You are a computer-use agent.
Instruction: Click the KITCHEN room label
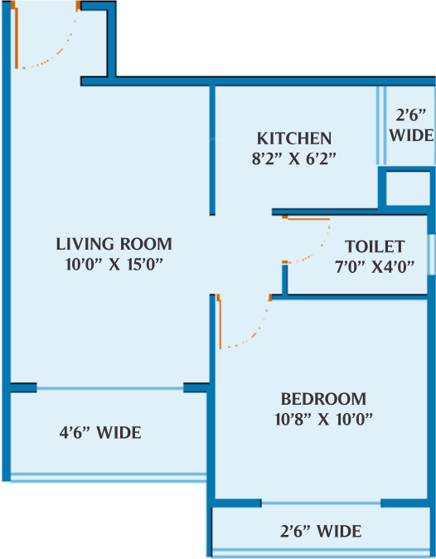point(293,138)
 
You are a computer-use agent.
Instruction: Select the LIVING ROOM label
point(114,244)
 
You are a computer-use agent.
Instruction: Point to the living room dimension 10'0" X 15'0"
point(114,265)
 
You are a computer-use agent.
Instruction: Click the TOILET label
point(375,246)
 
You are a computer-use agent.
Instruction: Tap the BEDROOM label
point(322,397)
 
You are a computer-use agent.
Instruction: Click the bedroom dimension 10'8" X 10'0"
point(322,418)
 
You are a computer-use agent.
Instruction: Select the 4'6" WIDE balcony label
point(99,433)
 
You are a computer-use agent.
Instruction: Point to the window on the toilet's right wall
point(430,248)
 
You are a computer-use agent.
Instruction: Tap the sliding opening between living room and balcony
point(109,387)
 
